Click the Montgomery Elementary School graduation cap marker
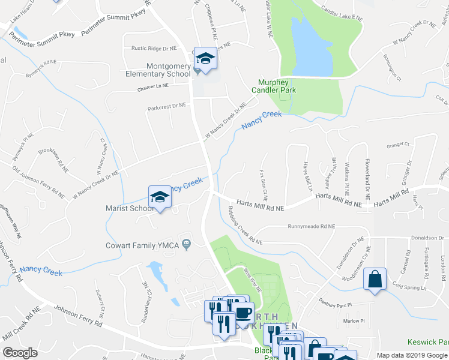pos(205,59)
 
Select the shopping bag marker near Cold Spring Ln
pos(375,280)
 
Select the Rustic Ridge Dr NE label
pos(150,48)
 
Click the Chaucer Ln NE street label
pos(153,86)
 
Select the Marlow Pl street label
pos(354,320)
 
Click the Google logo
pos(20,353)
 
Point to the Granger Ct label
pos(397,145)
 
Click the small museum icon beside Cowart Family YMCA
pos(187,244)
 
